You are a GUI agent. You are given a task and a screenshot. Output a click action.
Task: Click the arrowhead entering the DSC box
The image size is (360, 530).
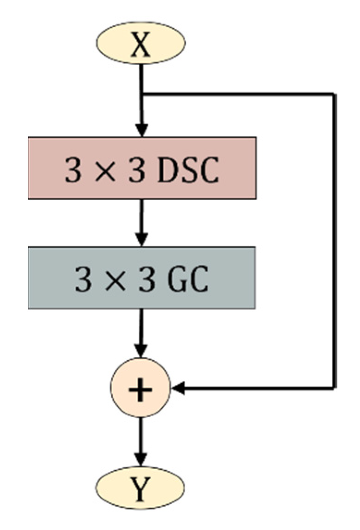pyautogui.click(x=141, y=130)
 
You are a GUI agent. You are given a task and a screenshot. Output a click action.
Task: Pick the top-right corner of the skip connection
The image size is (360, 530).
pyautogui.click(x=334, y=94)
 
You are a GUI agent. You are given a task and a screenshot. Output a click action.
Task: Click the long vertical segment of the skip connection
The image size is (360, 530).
pyautogui.click(x=334, y=240)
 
